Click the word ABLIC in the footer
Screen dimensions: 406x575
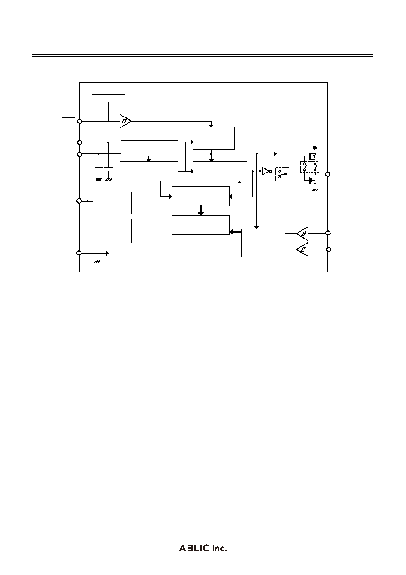tap(194, 548)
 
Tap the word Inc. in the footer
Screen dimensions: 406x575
tap(219, 548)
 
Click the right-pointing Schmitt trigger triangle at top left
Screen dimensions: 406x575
tap(126, 121)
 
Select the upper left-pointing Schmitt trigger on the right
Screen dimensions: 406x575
tap(302, 234)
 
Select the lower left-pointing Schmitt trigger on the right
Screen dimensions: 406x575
tap(302, 249)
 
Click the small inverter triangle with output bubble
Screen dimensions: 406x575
tap(267, 171)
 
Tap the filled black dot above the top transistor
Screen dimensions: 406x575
tap(315, 148)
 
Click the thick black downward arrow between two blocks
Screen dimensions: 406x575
tap(201, 210)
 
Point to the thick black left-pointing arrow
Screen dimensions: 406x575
tap(236, 232)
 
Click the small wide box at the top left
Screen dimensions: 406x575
tap(109, 98)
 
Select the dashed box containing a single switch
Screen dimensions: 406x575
tap(282, 174)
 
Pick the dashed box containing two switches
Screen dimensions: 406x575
tap(310, 167)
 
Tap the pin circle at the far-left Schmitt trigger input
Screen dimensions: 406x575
tap(80, 121)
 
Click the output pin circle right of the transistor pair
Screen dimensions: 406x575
tap(327, 174)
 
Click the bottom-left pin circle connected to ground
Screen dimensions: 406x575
tap(79, 253)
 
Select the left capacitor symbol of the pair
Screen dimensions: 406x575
tap(99, 169)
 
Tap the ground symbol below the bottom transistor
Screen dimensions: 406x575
tap(315, 190)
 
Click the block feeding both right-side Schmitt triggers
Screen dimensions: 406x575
tap(264, 243)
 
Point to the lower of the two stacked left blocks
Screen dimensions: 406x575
tap(112, 231)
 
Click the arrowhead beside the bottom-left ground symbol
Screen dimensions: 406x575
tap(107, 254)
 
